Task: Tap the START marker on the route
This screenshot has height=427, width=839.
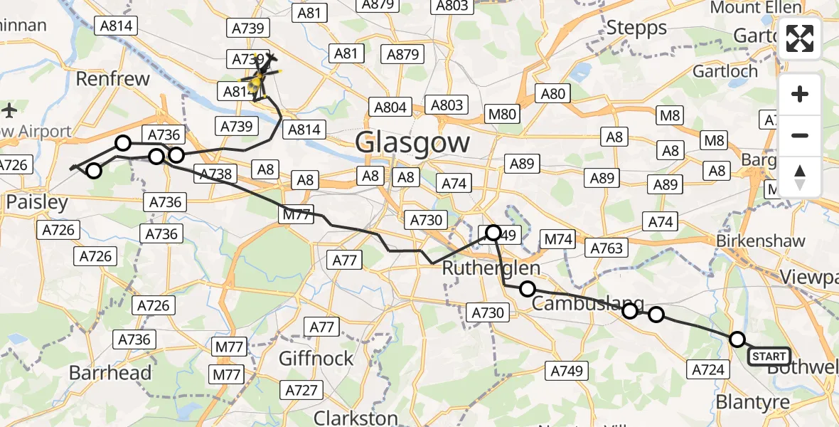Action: (769, 356)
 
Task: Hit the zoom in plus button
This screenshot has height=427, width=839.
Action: (800, 94)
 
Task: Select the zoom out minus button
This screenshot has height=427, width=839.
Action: (800, 135)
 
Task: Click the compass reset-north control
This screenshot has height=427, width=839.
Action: (800, 176)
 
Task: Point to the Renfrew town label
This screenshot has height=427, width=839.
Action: (112, 78)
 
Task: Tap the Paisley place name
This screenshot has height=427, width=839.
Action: (37, 202)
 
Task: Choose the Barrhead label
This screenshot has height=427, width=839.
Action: (110, 372)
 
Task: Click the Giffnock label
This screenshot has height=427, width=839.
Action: (316, 358)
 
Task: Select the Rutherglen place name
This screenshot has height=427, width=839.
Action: (491, 268)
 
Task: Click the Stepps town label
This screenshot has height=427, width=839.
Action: (636, 28)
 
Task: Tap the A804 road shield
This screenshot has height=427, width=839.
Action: (390, 107)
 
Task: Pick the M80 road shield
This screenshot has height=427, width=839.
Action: (503, 113)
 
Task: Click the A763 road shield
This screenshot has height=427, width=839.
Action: (606, 248)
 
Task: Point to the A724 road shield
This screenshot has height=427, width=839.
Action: (708, 368)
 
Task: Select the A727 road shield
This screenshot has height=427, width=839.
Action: (301, 389)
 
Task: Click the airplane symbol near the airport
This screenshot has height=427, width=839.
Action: (9, 110)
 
